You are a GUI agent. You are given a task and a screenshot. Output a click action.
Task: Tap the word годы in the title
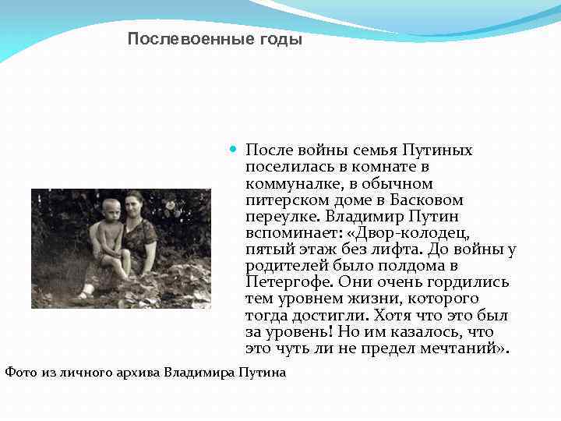click(x=278, y=39)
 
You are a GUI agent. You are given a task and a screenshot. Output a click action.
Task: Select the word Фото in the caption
click(x=20, y=372)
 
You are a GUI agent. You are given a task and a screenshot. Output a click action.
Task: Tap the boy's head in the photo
click(x=111, y=210)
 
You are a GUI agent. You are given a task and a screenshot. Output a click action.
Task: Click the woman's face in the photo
click(x=135, y=202)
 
